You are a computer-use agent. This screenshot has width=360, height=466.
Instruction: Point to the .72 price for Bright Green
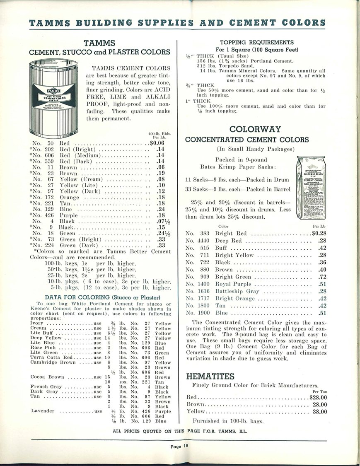pos(322,276)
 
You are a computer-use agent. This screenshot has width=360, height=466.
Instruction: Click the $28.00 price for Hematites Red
pos(318,397)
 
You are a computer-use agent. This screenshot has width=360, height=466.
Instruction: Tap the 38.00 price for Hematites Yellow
pos(319,412)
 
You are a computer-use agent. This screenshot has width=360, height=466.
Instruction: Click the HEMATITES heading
pos(210,377)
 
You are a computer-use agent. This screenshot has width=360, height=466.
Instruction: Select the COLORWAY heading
pos(255,129)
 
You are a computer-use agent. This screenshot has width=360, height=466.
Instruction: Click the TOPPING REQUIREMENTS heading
pos(256,42)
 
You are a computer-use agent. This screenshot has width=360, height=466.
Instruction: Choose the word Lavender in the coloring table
pos(43,411)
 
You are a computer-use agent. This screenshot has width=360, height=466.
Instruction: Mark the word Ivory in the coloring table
pos(38,324)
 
